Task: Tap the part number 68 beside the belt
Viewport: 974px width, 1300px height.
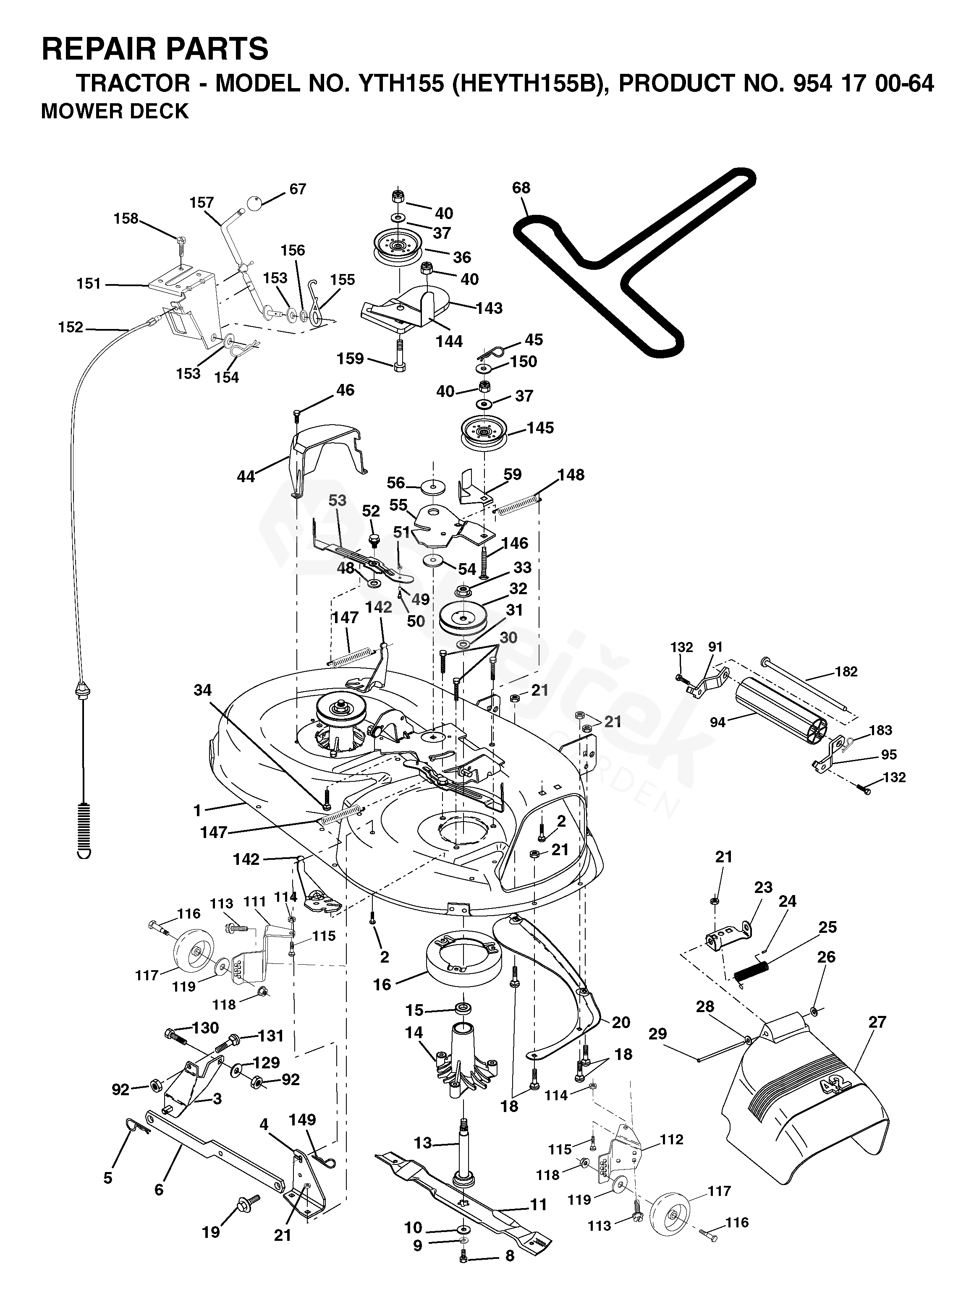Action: pos(521,188)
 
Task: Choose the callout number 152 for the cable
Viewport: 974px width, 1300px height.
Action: pos(71,327)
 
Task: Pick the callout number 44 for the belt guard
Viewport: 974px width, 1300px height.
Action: pos(245,476)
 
